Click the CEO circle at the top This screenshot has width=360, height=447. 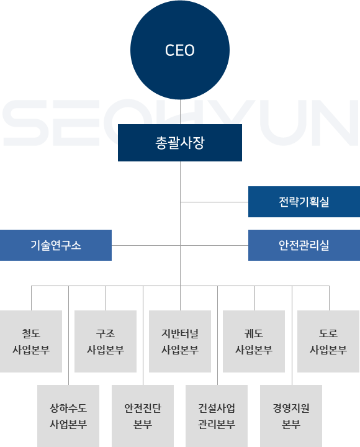(180, 50)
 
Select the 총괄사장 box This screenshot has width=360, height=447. (180, 143)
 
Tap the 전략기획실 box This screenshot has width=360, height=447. (304, 202)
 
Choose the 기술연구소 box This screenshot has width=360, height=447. (56, 245)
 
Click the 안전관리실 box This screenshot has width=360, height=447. (304, 245)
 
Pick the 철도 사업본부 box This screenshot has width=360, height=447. (31, 341)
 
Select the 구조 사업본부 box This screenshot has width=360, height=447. (106, 341)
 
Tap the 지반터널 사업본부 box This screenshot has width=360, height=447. (180, 341)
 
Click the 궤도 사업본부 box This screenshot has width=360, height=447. (254, 341)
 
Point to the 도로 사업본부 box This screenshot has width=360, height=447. (328, 341)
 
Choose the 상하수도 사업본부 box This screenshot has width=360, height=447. (68, 416)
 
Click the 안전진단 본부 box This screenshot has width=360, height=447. (143, 416)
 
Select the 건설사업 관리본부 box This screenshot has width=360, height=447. (217, 416)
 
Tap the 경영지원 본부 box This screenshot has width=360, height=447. (291, 416)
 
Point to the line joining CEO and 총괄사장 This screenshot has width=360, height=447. (180, 112)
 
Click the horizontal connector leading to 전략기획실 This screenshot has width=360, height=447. (214, 202)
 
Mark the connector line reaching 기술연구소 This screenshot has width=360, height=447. (146, 245)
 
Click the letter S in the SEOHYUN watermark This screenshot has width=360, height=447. (25, 123)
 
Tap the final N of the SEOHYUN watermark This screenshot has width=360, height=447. (335, 123)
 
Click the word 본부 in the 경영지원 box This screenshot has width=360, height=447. (291, 424)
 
